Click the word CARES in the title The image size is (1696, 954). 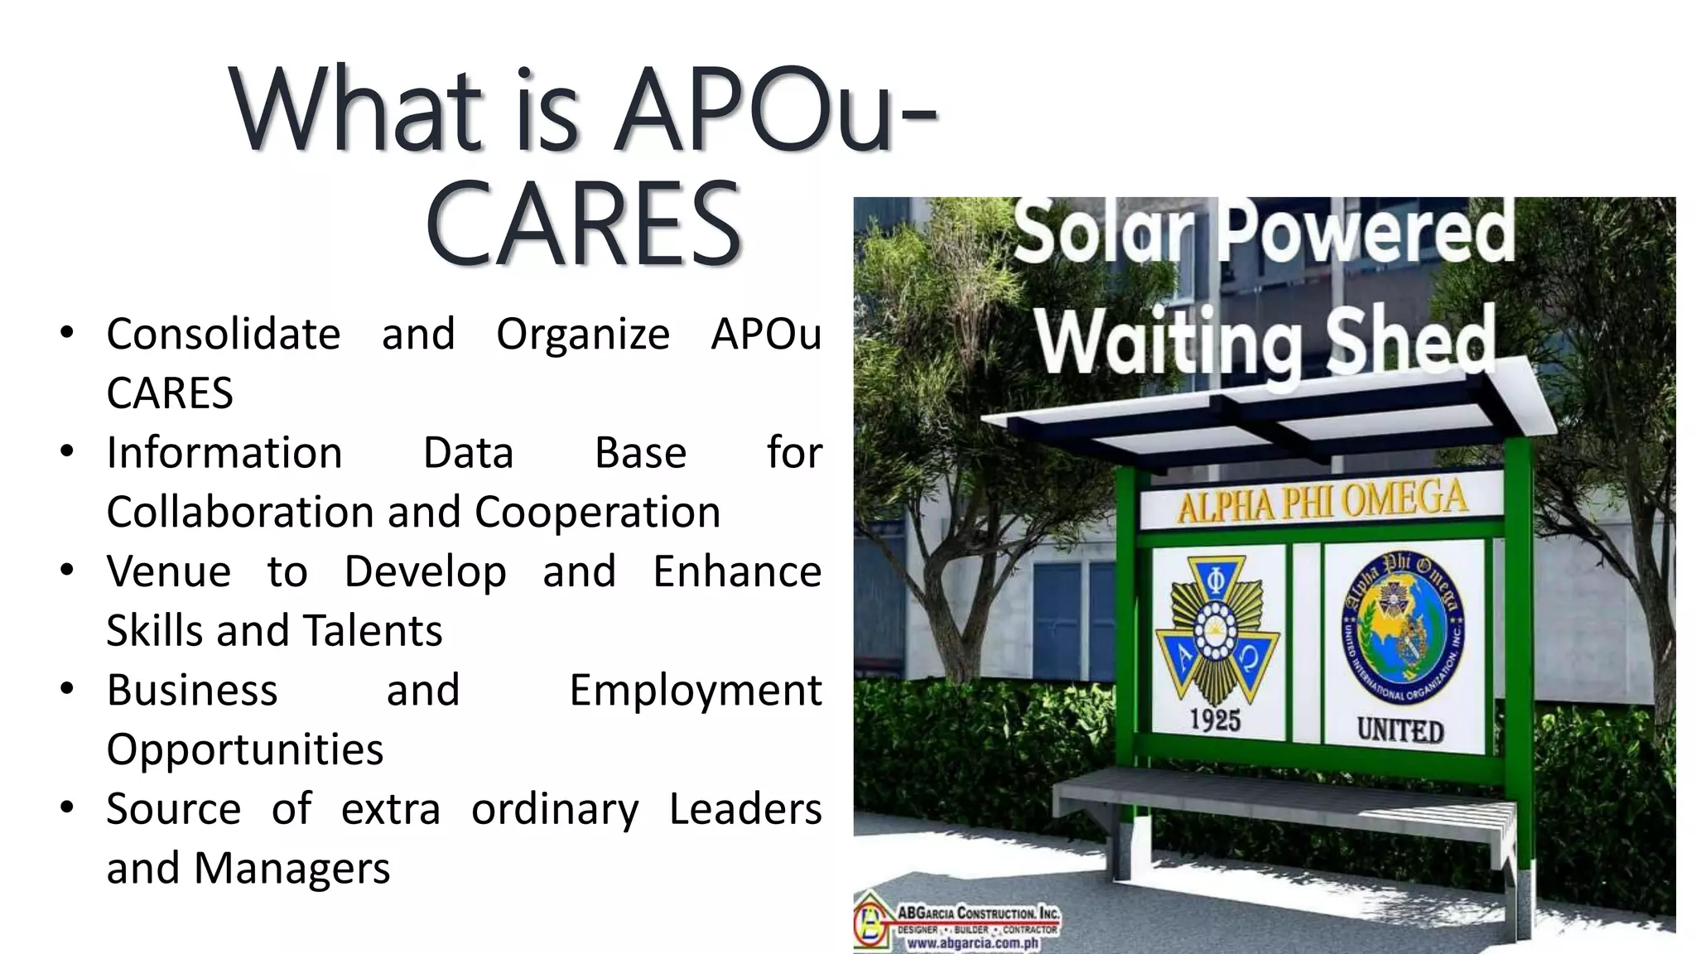pyautogui.click(x=583, y=225)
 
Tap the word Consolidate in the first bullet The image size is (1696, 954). pyautogui.click(x=223, y=335)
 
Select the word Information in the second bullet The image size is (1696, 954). pyautogui.click(x=224, y=453)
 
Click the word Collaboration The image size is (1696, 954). pyautogui.click(x=240, y=512)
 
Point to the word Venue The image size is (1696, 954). pyautogui.click(x=168, y=571)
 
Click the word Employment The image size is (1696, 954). pyautogui.click(x=695, y=691)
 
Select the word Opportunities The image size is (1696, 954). pyautogui.click(x=244, y=750)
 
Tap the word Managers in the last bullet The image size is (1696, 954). pyautogui.click(x=291, y=869)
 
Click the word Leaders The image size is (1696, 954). pyautogui.click(x=744, y=809)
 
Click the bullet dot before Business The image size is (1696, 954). pyautogui.click(x=68, y=689)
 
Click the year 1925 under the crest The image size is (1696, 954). pyautogui.click(x=1215, y=720)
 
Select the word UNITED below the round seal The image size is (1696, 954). pyautogui.click(x=1400, y=730)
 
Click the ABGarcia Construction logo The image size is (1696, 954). pyautogui.click(x=956, y=923)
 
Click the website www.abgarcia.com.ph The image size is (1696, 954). pyautogui.click(x=972, y=942)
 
